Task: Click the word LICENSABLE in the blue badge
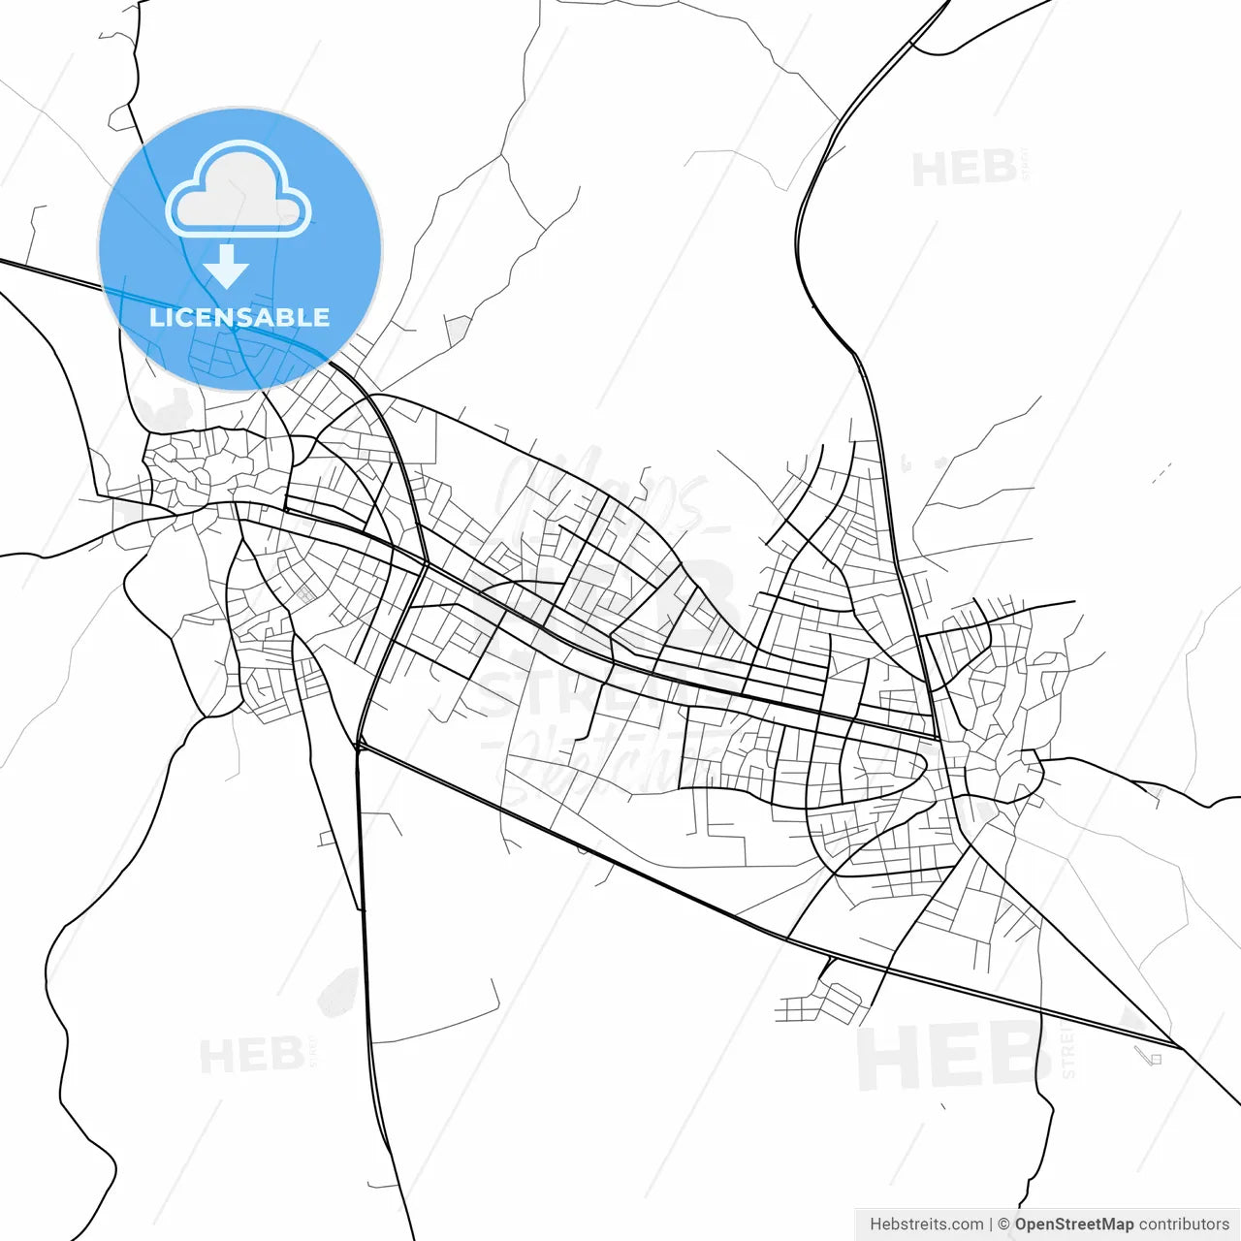[239, 317]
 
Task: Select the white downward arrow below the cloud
[227, 268]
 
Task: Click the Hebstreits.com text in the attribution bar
[926, 1225]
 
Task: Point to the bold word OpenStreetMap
[1074, 1225]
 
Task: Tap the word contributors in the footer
[1184, 1225]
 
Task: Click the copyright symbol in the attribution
[1003, 1225]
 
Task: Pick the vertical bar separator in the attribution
[990, 1225]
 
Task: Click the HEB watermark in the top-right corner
[966, 170]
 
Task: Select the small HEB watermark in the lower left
[252, 1055]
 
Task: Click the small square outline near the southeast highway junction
[1155, 1059]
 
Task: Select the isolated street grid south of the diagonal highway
[820, 1004]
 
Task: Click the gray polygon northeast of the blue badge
[458, 332]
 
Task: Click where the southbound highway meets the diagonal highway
[359, 747]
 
